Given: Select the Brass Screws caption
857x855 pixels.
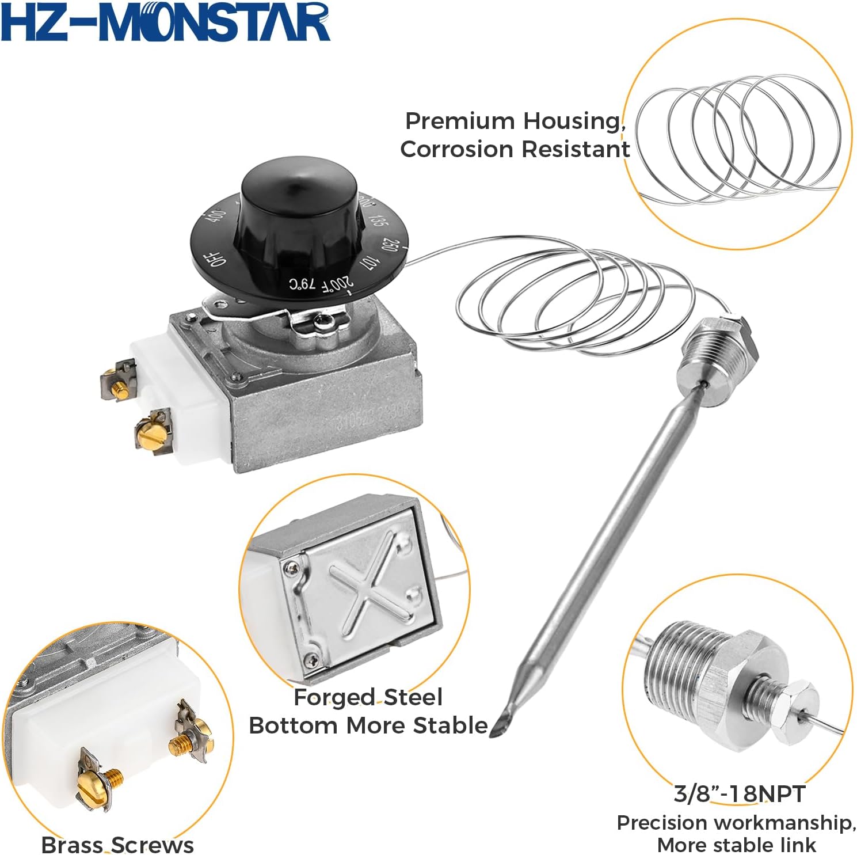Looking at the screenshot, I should [117, 845].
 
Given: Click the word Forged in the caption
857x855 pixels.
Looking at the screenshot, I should [334, 697].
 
